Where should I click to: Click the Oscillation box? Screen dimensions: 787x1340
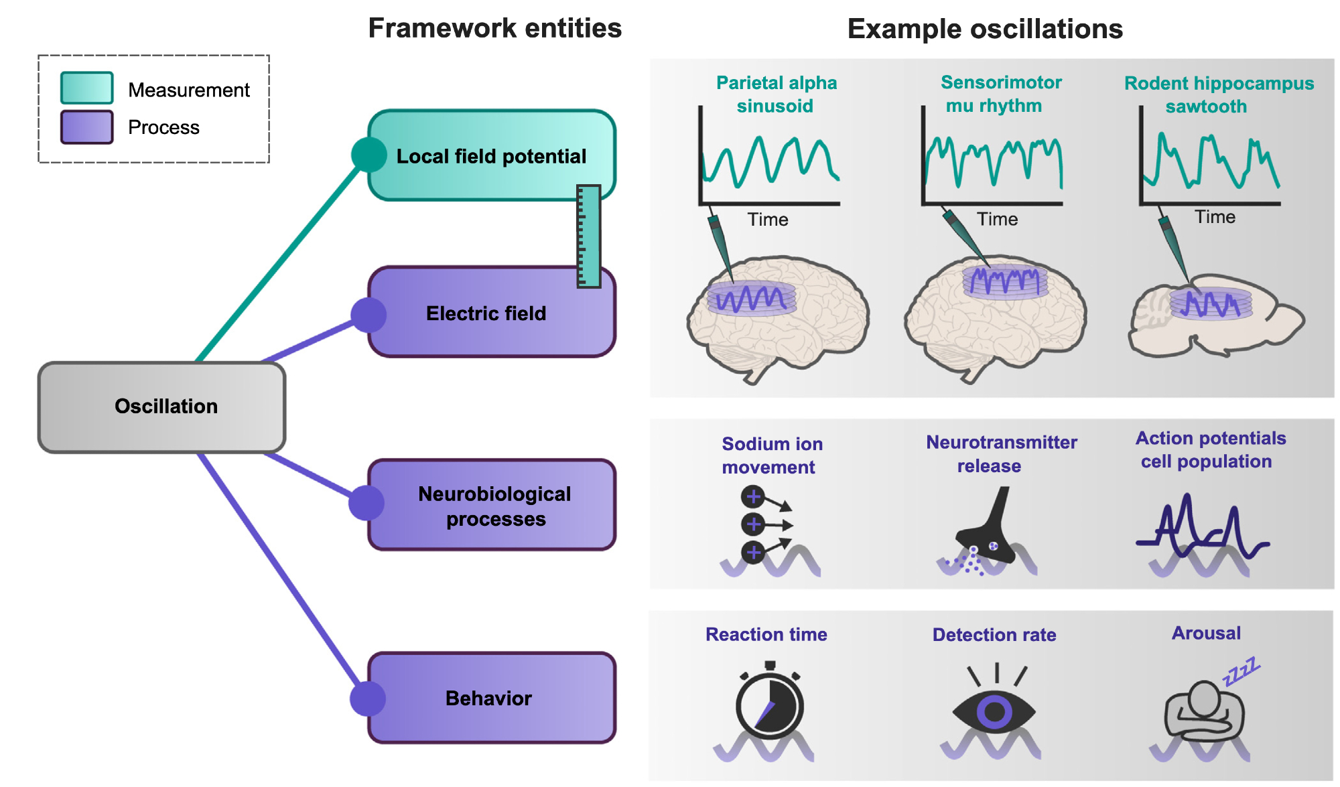click(x=161, y=407)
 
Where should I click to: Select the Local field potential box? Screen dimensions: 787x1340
click(x=491, y=155)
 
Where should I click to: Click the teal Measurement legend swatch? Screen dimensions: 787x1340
click(x=86, y=88)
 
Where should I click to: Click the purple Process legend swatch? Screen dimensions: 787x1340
click(x=86, y=127)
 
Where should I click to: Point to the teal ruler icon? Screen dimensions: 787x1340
click(x=588, y=236)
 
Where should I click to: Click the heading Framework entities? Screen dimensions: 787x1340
click(x=494, y=28)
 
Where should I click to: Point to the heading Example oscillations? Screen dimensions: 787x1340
click(x=984, y=29)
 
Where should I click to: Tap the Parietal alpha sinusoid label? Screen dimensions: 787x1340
click(x=776, y=94)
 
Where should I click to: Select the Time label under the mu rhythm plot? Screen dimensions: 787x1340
click(x=997, y=219)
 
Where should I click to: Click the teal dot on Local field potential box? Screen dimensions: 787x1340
click(x=368, y=155)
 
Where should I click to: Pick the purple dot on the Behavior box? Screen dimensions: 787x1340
click(x=368, y=699)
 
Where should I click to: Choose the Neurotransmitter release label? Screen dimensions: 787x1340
click(x=1001, y=453)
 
